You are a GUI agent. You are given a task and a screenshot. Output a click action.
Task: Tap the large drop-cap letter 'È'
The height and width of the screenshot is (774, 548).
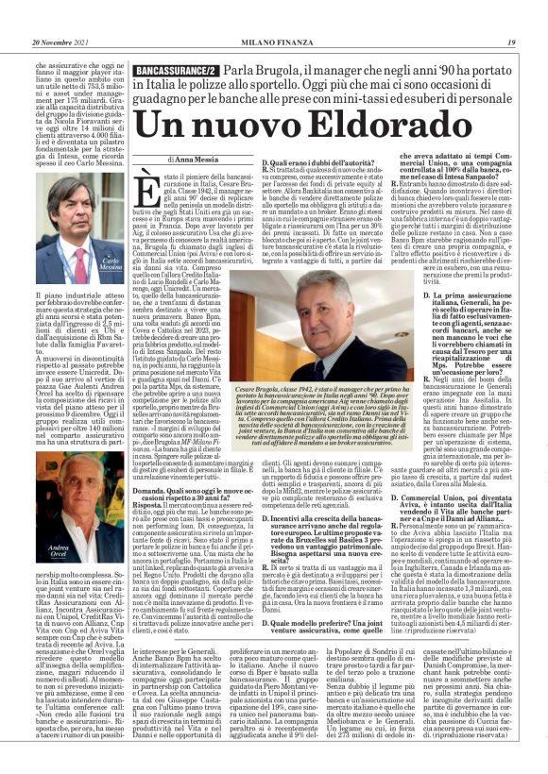coord(151,190)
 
